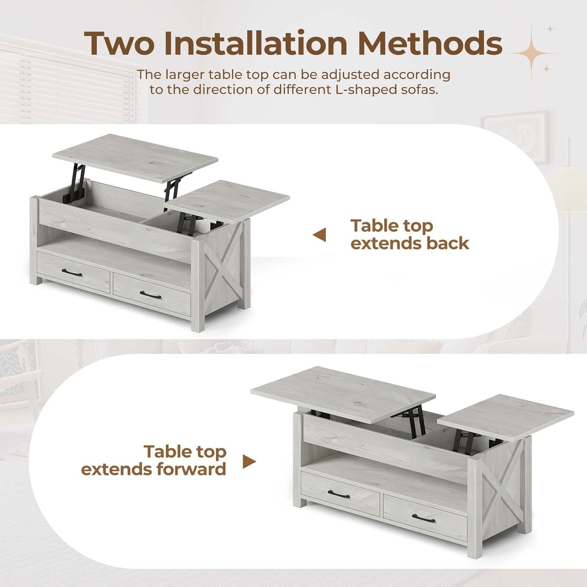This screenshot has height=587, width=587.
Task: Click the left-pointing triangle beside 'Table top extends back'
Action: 320,235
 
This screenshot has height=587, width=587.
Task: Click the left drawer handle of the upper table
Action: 72,273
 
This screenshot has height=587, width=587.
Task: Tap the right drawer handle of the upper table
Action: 150,295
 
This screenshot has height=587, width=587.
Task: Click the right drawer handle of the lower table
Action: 423,518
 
